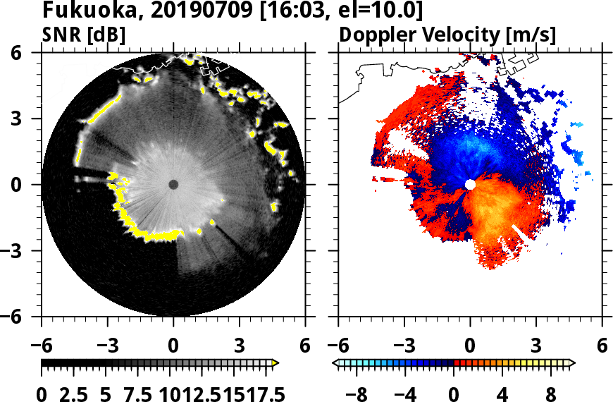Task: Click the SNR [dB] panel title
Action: point(84,34)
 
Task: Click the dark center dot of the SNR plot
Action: point(173,185)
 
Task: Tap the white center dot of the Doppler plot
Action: point(470,185)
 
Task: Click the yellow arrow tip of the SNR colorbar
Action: point(275,363)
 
